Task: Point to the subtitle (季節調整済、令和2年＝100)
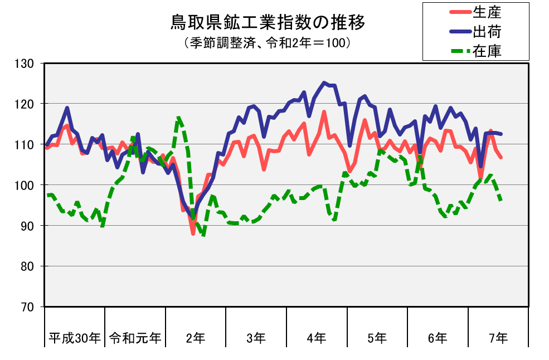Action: coord(267,42)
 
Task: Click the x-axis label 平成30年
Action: coord(75,337)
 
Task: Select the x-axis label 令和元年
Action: coord(135,337)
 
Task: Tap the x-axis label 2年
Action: coord(196,337)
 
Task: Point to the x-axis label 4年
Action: coord(317,337)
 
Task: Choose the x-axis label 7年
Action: coord(498,337)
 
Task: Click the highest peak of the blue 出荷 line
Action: coord(324,82)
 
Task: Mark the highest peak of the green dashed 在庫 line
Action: coord(178,117)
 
